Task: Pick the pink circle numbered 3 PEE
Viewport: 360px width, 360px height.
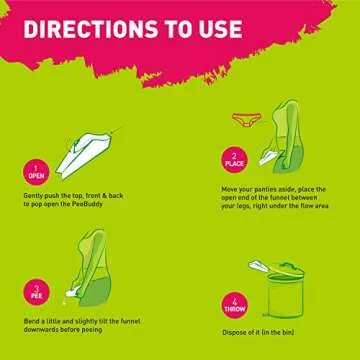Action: coord(36,295)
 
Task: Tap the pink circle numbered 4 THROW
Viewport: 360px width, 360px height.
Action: coord(234,305)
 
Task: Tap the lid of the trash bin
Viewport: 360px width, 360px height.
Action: coord(290,267)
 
